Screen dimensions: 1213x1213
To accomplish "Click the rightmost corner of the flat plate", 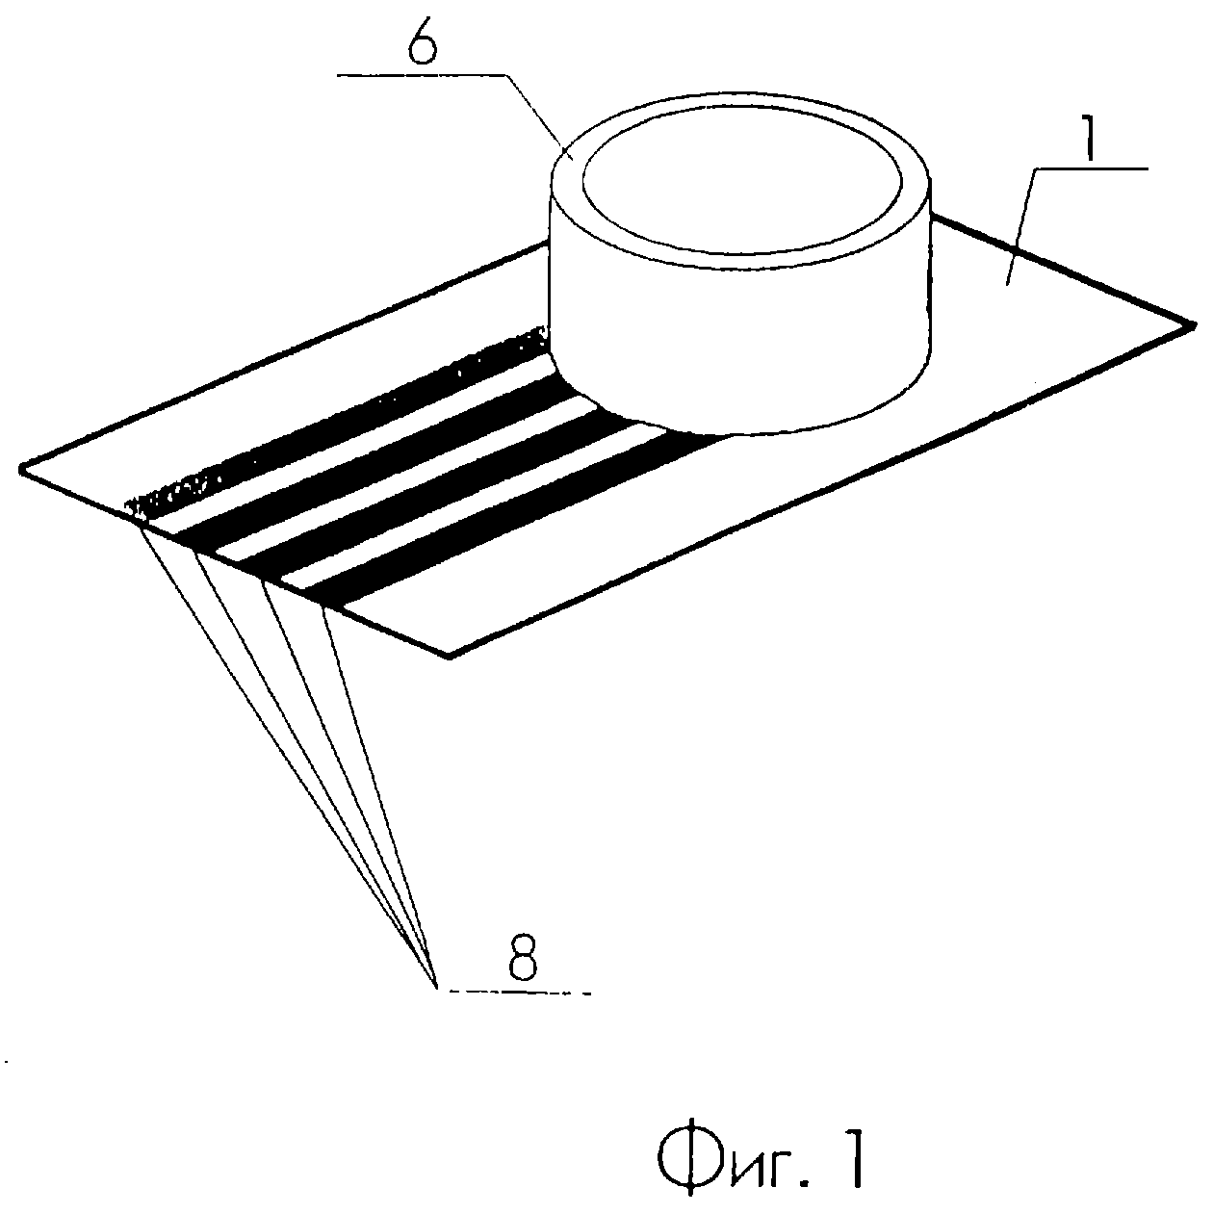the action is (1194, 324).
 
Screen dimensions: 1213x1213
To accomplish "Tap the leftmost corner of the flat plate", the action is (21, 468).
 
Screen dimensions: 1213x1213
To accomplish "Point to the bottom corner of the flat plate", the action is (450, 657).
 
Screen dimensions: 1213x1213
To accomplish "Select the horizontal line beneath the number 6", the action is (423, 75).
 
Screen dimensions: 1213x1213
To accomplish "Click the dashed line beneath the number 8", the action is (520, 992).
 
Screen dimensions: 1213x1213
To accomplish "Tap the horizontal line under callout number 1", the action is (1092, 168).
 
